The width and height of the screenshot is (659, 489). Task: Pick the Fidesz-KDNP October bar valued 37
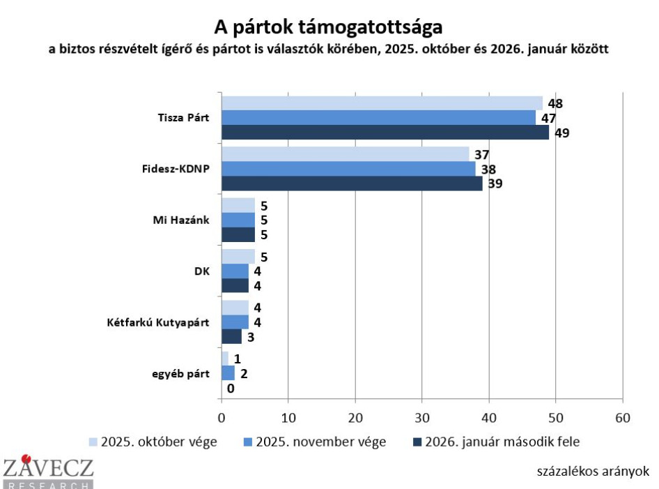tap(345, 154)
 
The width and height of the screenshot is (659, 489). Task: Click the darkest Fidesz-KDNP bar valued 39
tap(352, 183)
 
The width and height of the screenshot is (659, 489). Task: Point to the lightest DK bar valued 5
tap(238, 256)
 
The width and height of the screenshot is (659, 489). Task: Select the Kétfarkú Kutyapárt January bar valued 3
tap(231, 336)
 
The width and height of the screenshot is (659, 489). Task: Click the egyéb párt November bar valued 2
tap(228, 373)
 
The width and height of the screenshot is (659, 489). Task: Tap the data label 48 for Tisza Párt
tap(555, 104)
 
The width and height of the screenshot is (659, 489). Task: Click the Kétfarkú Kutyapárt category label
tap(169, 322)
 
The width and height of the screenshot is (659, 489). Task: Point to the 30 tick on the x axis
tap(422, 418)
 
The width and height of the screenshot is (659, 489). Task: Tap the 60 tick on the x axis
tap(622, 418)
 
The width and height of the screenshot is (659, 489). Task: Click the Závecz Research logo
tap(47, 472)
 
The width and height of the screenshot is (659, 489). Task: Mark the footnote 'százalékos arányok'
tap(593, 471)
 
